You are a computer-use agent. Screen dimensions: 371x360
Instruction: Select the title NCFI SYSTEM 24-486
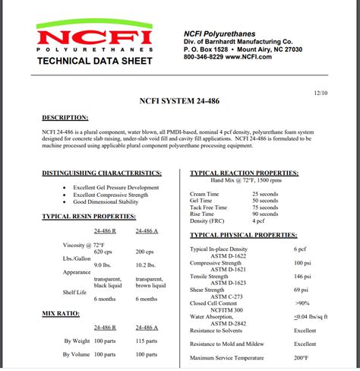click(x=180, y=99)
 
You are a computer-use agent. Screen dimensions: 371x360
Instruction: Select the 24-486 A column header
click(x=146, y=230)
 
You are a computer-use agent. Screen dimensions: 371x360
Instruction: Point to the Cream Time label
click(x=205, y=194)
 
